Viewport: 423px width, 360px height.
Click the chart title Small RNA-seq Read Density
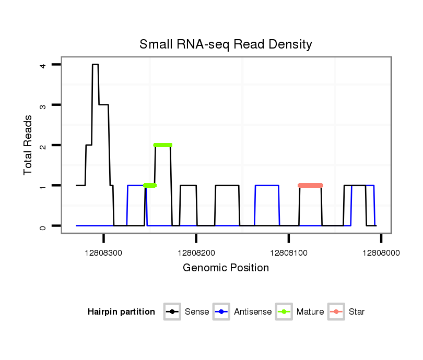(x=226, y=44)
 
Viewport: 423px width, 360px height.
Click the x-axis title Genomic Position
(x=226, y=268)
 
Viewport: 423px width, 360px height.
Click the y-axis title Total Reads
(x=28, y=145)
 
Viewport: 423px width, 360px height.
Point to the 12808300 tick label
(x=103, y=252)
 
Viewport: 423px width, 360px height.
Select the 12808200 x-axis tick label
(x=196, y=252)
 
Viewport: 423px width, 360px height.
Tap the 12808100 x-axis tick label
(x=289, y=252)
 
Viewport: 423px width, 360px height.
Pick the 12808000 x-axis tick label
(x=381, y=252)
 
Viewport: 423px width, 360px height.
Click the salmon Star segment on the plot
(x=310, y=185)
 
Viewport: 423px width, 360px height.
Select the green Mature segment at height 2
(x=163, y=145)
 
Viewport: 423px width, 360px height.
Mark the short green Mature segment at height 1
(x=150, y=185)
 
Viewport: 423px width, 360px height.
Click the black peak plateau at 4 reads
(x=96, y=65)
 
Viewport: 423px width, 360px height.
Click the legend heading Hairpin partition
(x=121, y=312)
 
